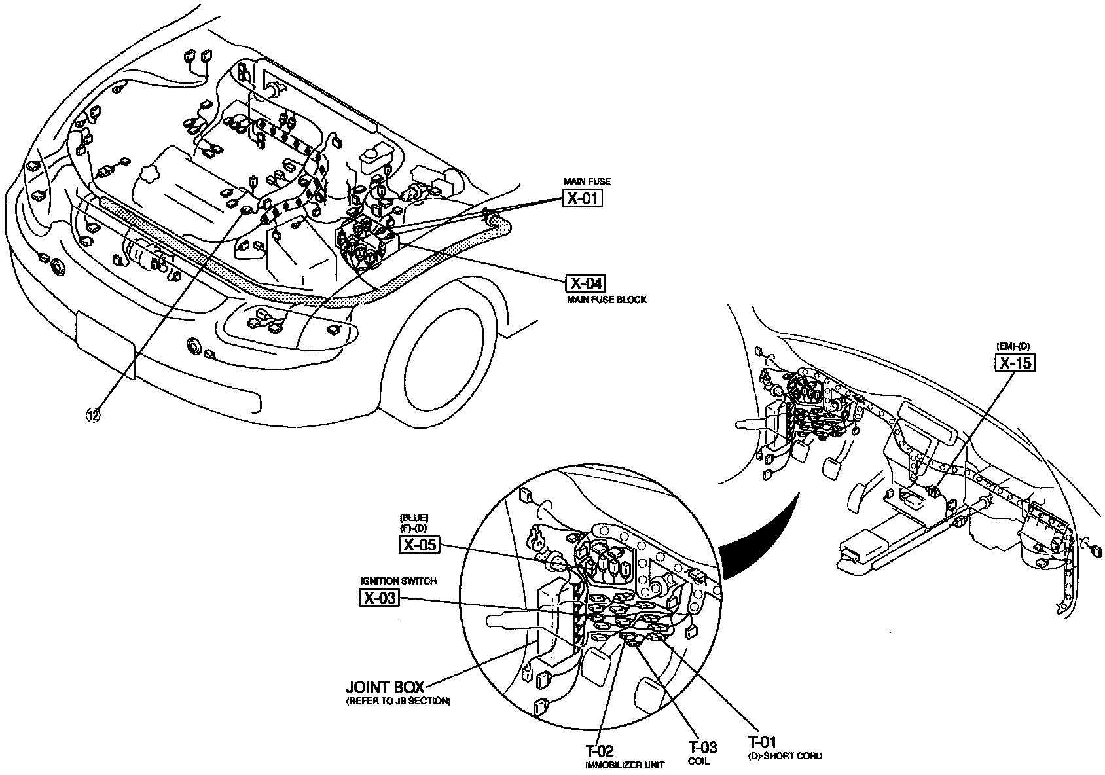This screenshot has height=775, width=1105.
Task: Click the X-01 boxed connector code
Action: tap(582, 198)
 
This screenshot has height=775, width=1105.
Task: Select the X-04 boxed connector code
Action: tap(585, 283)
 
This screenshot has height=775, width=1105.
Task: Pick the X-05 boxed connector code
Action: tap(419, 544)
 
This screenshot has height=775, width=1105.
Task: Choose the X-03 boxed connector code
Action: tap(380, 597)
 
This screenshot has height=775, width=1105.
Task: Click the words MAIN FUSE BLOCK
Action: tap(607, 300)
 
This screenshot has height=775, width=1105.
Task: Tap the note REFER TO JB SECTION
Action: tap(398, 701)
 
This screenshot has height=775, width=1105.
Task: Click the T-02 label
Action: tap(599, 751)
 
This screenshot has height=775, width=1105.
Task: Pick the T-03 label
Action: tap(702, 748)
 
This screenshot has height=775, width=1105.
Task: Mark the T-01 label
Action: tap(763, 742)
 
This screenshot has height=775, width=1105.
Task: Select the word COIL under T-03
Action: tap(698, 761)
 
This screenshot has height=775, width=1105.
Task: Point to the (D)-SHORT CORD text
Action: tap(785, 756)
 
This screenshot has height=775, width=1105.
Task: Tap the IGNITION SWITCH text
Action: tap(399, 581)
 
